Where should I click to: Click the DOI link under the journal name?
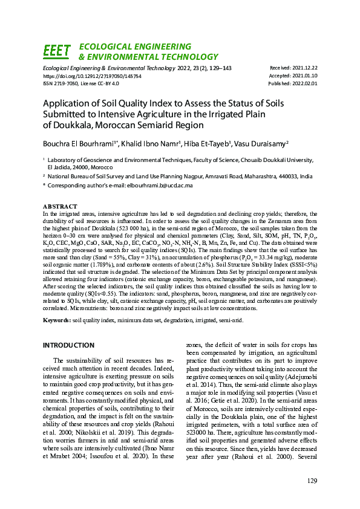tap(92, 77)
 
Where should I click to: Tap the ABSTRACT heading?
tap(60, 207)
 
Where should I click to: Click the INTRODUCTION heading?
tap(68, 345)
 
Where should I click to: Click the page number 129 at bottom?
tap(312, 481)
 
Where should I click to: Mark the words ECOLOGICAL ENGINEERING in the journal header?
tap(136, 47)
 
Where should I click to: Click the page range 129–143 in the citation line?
tap(219, 68)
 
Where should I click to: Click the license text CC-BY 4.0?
tap(106, 84)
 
